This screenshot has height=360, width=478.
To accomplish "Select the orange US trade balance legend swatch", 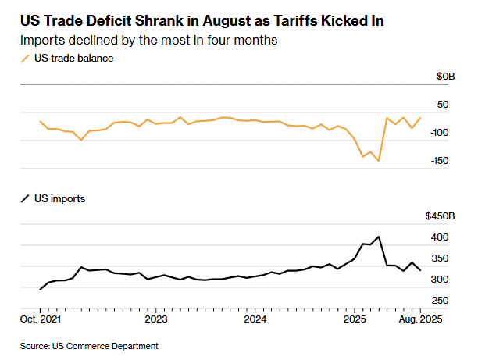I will [24, 59].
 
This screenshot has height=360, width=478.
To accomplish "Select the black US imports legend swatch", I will [24, 199].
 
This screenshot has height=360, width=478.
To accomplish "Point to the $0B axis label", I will [445, 76].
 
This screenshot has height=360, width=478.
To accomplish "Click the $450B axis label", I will [440, 216].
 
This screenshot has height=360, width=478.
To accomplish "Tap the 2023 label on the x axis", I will [156, 319].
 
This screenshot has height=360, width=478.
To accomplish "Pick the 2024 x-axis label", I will [256, 319].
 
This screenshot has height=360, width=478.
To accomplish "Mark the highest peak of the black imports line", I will [379, 237].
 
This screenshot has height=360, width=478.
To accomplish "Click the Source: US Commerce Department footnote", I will [89, 345].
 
